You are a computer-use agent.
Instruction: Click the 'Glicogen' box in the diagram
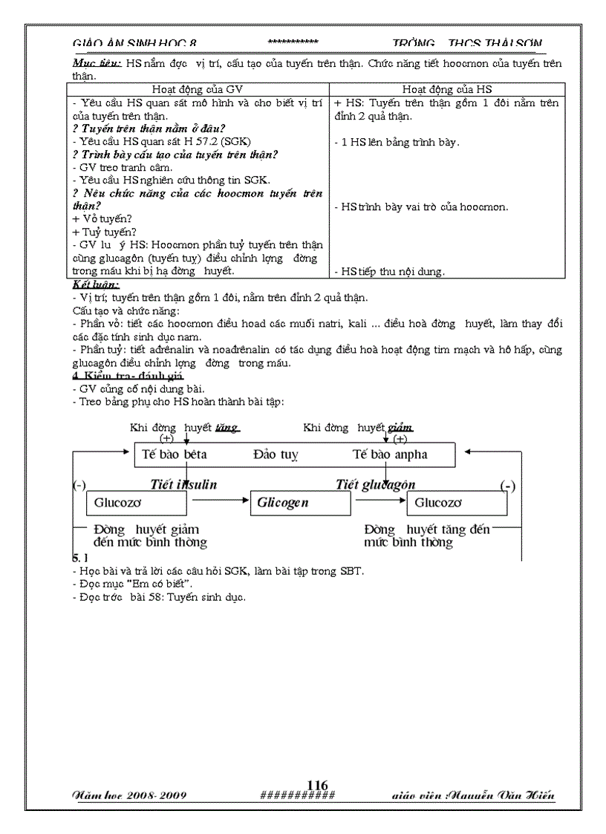pyautogui.click(x=299, y=503)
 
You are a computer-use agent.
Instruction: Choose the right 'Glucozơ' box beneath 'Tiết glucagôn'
pyautogui.click(x=457, y=503)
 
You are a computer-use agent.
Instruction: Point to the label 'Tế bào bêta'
pyautogui.click(x=175, y=454)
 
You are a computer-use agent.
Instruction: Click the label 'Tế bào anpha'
pyautogui.click(x=390, y=454)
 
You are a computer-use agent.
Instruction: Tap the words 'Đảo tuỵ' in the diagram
pyautogui.click(x=275, y=454)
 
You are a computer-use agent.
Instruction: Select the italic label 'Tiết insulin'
pyautogui.click(x=183, y=484)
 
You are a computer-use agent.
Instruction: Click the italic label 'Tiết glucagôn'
pyautogui.click(x=375, y=484)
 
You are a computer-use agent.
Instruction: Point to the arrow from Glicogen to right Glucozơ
pyautogui.click(x=378, y=503)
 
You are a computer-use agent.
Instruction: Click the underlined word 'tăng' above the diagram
pyautogui.click(x=227, y=428)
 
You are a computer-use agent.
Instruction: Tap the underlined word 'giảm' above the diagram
pyautogui.click(x=400, y=428)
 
